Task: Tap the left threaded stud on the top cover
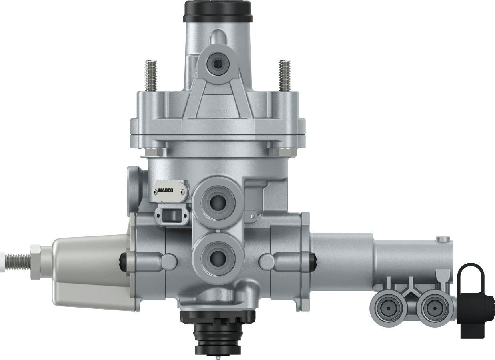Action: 151,76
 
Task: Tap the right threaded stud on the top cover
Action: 285,76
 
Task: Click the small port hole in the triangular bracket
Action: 217,64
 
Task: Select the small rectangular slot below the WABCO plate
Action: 172,216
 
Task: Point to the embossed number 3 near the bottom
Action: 218,296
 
